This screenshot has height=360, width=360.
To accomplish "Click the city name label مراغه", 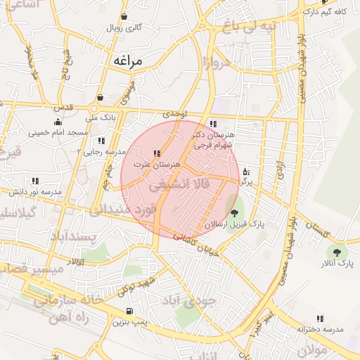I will click(x=127, y=61).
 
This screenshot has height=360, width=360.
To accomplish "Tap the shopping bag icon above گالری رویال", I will click(x=124, y=17).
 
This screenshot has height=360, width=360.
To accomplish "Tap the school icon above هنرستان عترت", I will click(x=156, y=153).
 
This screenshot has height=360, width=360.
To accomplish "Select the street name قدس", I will click(x=65, y=106).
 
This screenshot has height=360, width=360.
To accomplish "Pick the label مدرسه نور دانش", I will click(x=32, y=191).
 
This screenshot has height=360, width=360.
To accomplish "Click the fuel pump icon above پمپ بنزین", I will click(x=129, y=311).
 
